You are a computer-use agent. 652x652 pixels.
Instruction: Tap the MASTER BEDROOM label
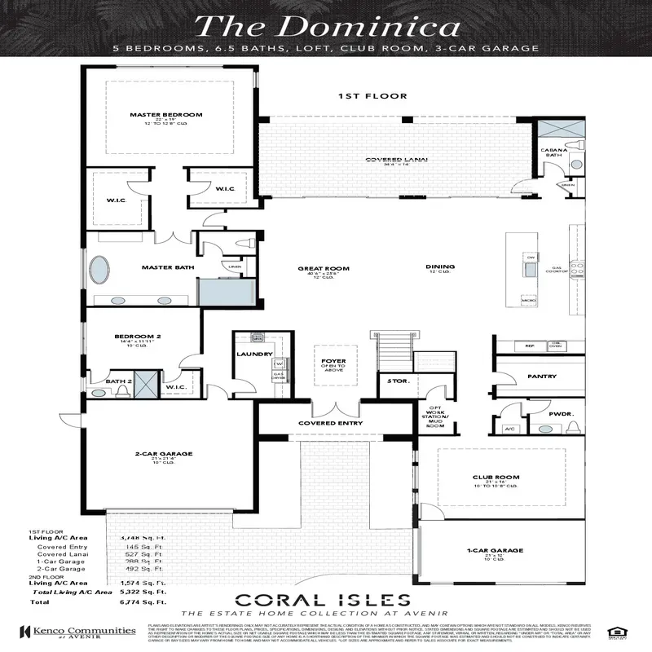click(165, 115)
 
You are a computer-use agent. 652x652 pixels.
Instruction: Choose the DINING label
click(439, 267)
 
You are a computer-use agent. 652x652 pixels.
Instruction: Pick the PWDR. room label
click(562, 414)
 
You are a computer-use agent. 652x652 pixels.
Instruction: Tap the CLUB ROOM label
click(496, 478)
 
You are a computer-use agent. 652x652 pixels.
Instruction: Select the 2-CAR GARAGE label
click(157, 454)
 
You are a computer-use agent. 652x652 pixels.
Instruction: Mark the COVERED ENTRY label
click(329, 424)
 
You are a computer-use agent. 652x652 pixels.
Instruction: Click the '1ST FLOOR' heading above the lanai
click(361, 96)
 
